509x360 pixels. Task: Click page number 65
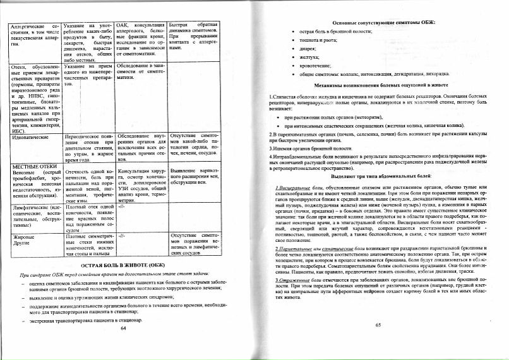click(378, 325)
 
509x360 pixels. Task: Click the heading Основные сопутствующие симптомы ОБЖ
click(378, 21)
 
